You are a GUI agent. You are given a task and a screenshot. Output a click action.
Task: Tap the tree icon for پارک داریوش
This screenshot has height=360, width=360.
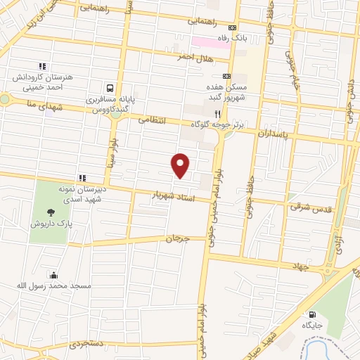pos(50,212)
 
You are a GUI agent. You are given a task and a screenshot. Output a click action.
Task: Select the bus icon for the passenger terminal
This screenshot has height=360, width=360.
pos(109,89)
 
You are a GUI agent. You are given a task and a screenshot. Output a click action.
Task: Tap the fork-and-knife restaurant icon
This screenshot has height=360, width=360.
pos(218,113)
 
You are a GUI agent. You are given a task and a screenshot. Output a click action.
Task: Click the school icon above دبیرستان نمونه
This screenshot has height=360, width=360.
pos(82,177)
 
